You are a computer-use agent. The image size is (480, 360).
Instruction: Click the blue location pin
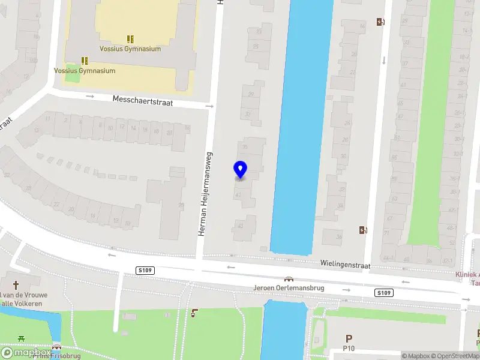click(x=240, y=170)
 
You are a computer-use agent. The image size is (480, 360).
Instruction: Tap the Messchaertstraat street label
click(x=143, y=100)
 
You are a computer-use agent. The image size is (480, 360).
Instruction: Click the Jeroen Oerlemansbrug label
click(x=289, y=288)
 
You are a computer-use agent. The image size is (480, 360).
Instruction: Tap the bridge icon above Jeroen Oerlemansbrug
click(x=289, y=279)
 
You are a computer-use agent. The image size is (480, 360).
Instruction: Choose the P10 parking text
click(x=349, y=349)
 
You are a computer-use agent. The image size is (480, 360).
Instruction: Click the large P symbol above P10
click(x=349, y=339)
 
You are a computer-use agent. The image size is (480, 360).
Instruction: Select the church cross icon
click(x=16, y=285)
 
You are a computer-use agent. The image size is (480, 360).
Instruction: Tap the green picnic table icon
click(x=22, y=339)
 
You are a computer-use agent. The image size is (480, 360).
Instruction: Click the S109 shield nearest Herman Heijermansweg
click(x=145, y=271)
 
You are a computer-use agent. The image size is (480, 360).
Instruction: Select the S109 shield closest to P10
click(x=384, y=293)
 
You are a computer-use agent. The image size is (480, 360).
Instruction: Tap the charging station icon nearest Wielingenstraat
click(x=362, y=230)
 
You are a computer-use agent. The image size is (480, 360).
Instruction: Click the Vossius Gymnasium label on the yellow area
click(x=130, y=49)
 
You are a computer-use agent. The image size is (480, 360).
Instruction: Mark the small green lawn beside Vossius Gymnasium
click(x=73, y=76)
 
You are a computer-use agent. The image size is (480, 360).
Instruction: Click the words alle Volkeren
click(x=23, y=304)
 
